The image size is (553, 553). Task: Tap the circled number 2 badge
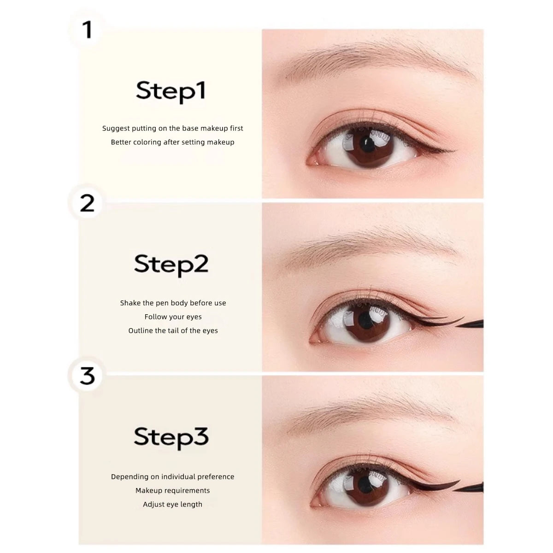click(87, 203)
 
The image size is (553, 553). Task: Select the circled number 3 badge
click(87, 376)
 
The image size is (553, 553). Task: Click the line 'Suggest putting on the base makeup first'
click(173, 129)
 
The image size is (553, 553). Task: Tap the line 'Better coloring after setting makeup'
click(173, 142)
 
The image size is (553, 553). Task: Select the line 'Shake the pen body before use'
click(173, 303)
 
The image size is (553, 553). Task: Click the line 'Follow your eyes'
click(173, 317)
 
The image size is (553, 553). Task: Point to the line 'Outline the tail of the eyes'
click(173, 331)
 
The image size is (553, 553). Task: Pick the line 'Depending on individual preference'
click(173, 477)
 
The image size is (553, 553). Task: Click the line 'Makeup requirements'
click(173, 491)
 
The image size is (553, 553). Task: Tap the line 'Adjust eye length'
click(173, 505)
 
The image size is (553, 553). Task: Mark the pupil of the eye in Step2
click(365, 319)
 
